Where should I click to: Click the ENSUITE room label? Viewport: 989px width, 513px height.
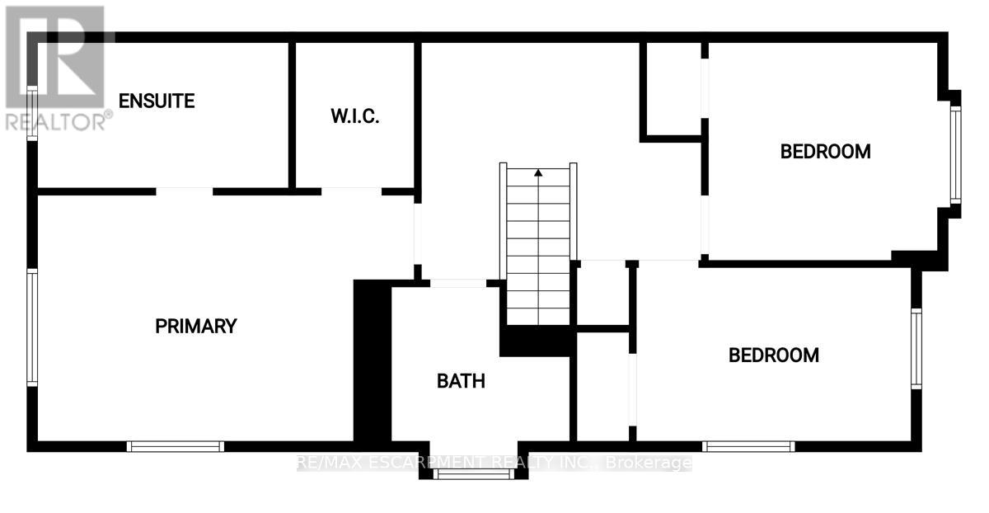point(157,101)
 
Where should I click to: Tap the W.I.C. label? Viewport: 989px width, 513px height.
point(355,116)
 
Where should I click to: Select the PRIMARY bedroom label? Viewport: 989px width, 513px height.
point(196,326)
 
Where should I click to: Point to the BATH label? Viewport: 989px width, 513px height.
point(461,381)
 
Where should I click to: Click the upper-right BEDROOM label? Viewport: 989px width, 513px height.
point(826,152)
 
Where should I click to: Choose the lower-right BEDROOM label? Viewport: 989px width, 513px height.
point(774,355)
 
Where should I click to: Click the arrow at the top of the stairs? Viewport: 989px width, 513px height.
point(538,173)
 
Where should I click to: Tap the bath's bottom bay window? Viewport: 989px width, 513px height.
point(461,474)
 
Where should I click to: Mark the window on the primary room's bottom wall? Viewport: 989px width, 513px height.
point(176,446)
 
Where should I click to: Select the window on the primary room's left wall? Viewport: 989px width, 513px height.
point(32,327)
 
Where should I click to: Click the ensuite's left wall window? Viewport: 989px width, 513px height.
point(32,113)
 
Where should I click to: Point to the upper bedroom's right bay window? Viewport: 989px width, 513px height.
point(955,156)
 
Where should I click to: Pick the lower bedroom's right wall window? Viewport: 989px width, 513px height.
point(916,346)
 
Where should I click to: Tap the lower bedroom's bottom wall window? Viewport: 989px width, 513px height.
point(748,446)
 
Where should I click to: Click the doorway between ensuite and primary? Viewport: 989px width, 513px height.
point(185,191)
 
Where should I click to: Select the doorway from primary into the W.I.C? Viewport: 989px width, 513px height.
point(351,191)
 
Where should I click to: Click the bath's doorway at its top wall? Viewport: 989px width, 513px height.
point(458,283)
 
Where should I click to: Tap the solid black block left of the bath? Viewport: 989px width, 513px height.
point(371,363)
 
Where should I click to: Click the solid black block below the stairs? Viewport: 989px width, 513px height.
point(536,341)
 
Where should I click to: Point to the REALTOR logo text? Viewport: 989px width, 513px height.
point(58,121)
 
